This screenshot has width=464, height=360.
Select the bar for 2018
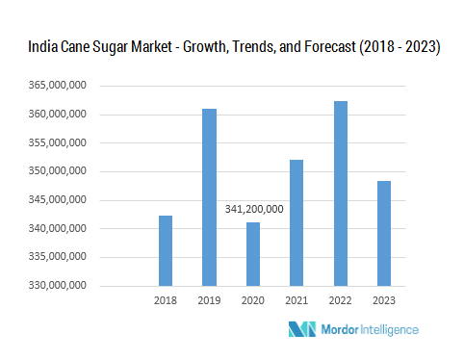coord(166,250)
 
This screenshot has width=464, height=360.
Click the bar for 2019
coord(209,197)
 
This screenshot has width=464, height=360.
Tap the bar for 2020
coord(253,254)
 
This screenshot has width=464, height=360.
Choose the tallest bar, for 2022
coord(341,193)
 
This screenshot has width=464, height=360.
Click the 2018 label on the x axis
coord(166,300)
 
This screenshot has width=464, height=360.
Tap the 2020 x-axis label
coord(253,300)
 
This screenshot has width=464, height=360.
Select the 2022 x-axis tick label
coord(341,300)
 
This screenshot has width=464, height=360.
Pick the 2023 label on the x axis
coord(384,300)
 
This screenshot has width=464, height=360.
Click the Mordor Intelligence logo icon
coord(302,329)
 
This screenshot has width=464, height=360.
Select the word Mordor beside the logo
coord(340,329)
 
